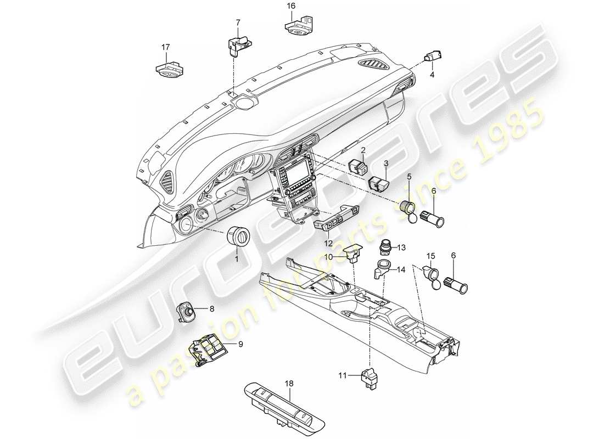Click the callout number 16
291,6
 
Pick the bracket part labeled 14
383,269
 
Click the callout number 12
328,242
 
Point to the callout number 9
225,345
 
